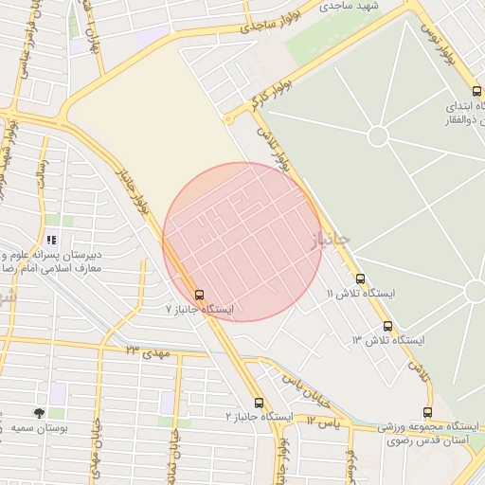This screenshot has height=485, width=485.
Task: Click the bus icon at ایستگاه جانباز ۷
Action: click(x=199, y=294)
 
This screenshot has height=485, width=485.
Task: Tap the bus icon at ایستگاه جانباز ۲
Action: click(x=260, y=404)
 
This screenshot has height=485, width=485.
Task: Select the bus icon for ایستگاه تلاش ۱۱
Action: click(x=360, y=278)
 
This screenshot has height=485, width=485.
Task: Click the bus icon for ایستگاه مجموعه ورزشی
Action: click(x=428, y=412)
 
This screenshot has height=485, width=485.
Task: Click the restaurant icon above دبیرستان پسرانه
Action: click(x=50, y=240)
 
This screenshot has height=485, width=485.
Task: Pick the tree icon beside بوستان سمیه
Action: click(x=39, y=413)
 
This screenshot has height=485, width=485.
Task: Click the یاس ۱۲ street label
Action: click(x=322, y=419)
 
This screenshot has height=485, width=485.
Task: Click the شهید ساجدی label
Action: click(x=348, y=6)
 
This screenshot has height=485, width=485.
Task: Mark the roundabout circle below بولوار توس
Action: click(x=378, y=135)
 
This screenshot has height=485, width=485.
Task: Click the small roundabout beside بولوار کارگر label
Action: click(x=228, y=119)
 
